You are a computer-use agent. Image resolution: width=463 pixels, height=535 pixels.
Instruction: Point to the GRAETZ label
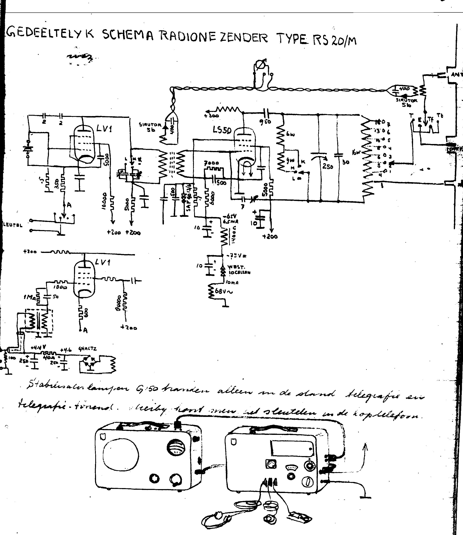(88, 349)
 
